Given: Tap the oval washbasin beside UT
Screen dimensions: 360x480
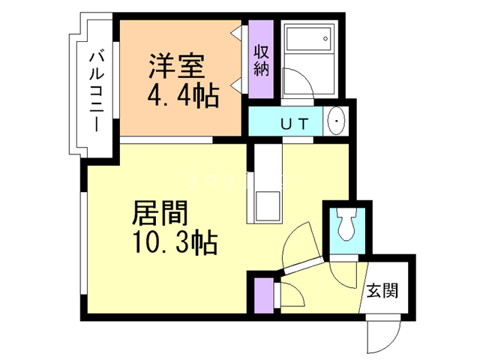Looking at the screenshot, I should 335,120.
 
